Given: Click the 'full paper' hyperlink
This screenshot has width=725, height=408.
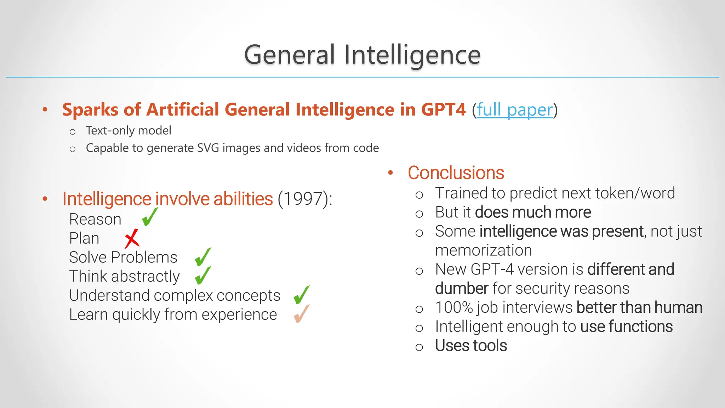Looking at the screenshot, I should pyautogui.click(x=515, y=110).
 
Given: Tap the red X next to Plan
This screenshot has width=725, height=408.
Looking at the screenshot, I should pyautogui.click(x=132, y=238).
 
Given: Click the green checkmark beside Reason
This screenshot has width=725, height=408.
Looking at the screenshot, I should pyautogui.click(x=149, y=217).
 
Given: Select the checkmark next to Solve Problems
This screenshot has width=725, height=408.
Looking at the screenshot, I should pyautogui.click(x=203, y=257).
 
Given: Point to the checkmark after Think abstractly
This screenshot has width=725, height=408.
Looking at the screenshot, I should pyautogui.click(x=203, y=276).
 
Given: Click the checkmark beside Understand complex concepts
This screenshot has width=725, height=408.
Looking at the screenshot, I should pyautogui.click(x=301, y=295).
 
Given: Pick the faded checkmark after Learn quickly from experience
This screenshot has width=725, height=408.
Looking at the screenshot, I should pyautogui.click(x=301, y=313).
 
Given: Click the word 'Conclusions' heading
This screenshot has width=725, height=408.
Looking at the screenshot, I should pyautogui.click(x=456, y=173).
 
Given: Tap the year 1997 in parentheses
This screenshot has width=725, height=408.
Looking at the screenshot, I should pyautogui.click(x=303, y=199).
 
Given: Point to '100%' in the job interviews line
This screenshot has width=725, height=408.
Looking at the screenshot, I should pyautogui.click(x=454, y=307).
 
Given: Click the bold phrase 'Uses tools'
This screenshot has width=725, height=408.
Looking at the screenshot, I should pyautogui.click(x=471, y=346).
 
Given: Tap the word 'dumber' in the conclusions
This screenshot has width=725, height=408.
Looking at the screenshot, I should pyautogui.click(x=462, y=289).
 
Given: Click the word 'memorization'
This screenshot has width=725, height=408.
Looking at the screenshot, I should pyautogui.click(x=483, y=250).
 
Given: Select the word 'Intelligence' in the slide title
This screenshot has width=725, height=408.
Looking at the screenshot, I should pyautogui.click(x=412, y=55).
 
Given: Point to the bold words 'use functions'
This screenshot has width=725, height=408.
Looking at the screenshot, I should pyautogui.click(x=626, y=327).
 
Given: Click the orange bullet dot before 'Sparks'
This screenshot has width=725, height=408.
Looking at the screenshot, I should pyautogui.click(x=45, y=109).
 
